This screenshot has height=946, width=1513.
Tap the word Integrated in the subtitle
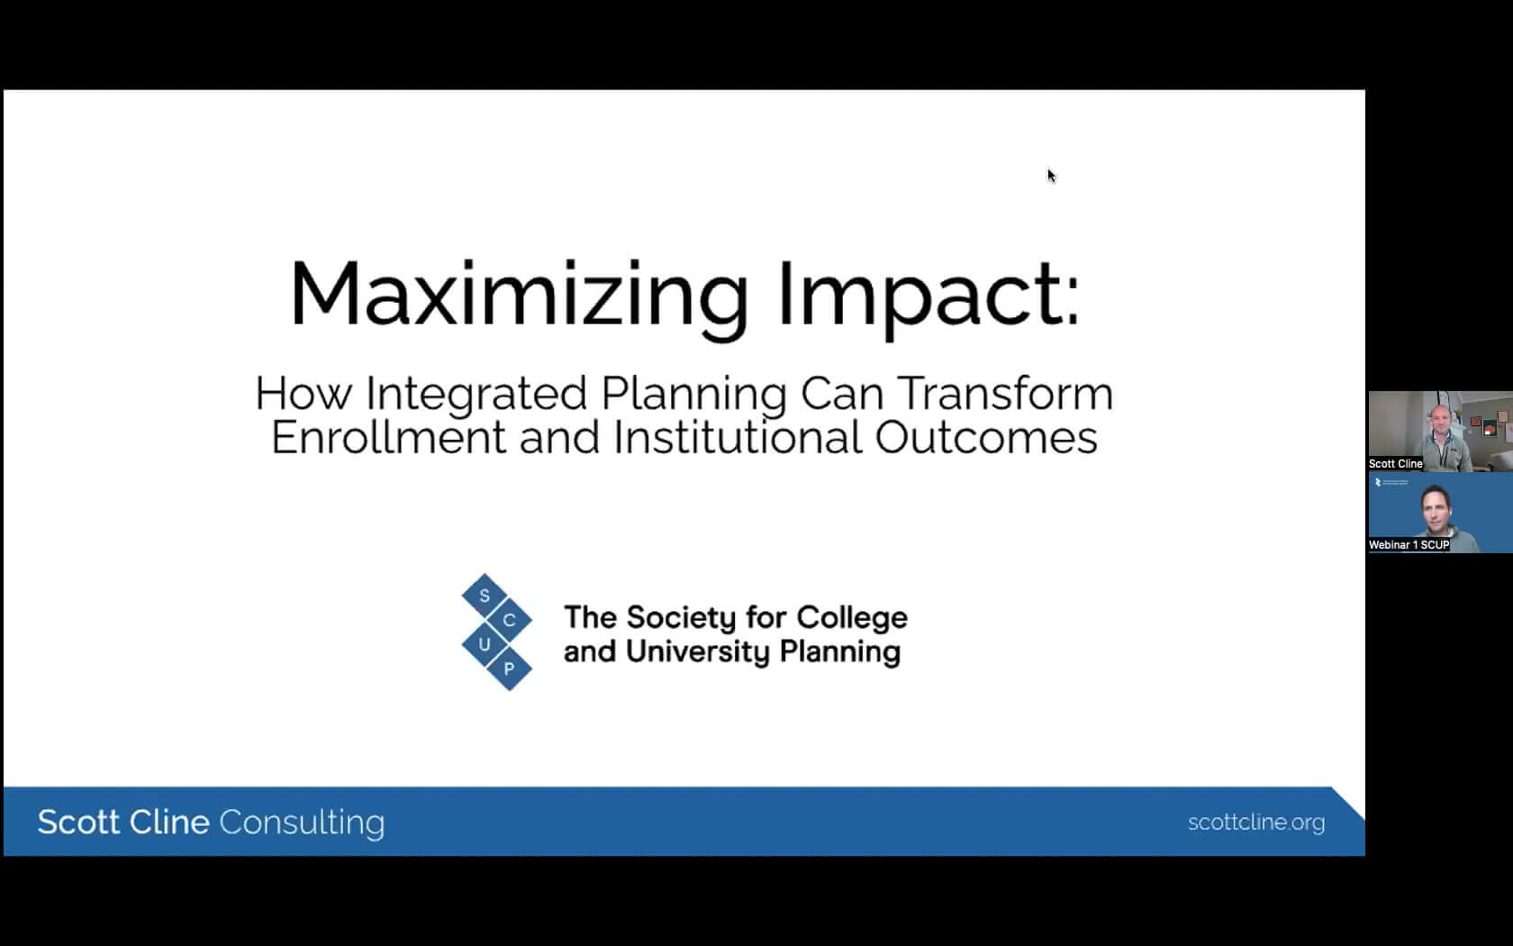(x=476, y=395)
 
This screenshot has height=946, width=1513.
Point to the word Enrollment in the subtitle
(x=387, y=437)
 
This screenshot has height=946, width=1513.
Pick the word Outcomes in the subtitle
(x=985, y=437)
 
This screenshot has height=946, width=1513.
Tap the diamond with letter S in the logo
(x=485, y=596)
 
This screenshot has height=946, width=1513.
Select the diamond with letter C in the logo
(x=509, y=620)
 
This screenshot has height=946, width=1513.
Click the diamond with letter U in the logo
(x=485, y=645)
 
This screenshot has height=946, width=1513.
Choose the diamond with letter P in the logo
(x=509, y=669)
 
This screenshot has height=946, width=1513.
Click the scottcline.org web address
(x=1256, y=823)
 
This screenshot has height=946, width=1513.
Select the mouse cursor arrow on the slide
(x=1051, y=176)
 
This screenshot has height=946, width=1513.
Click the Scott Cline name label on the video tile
(x=1396, y=463)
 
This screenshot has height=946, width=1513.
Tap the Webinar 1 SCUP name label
(x=1409, y=544)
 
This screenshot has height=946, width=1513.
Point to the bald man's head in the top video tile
(x=1440, y=420)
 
